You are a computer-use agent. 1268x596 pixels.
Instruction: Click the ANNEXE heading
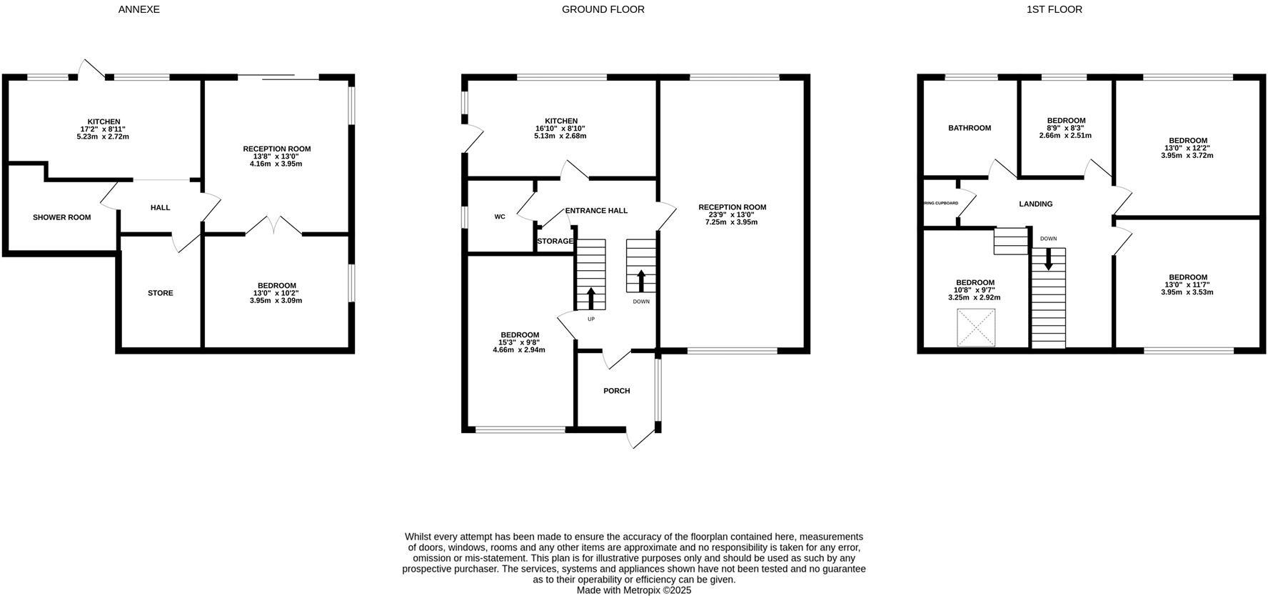click(x=139, y=9)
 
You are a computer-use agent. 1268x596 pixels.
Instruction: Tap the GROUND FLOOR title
click(x=603, y=9)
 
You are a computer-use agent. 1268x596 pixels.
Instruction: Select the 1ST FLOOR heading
click(x=1054, y=9)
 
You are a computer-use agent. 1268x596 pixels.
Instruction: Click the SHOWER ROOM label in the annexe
click(x=62, y=217)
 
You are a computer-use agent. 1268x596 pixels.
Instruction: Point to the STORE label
click(x=160, y=293)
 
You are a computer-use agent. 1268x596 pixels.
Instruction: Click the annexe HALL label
click(x=160, y=208)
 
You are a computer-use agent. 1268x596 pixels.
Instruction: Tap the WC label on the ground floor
click(x=500, y=217)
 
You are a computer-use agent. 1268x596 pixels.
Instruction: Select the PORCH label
click(x=616, y=391)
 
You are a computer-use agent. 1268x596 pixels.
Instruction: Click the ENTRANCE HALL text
click(x=596, y=211)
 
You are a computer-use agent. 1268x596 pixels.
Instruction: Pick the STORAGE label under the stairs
click(x=555, y=242)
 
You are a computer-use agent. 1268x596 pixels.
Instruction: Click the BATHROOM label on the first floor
click(x=969, y=128)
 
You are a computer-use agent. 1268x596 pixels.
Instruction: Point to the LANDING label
click(x=1035, y=204)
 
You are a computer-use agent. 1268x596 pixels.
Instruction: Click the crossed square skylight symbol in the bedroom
click(x=975, y=328)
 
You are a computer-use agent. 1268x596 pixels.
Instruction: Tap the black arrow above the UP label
click(x=590, y=297)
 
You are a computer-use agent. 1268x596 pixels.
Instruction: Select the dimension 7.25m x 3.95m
click(x=732, y=222)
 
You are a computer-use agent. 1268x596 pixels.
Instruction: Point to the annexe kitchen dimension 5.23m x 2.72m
click(x=104, y=136)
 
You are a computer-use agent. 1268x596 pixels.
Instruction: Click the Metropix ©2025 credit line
click(x=633, y=590)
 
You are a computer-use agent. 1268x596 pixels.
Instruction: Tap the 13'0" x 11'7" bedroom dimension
click(x=1187, y=284)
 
